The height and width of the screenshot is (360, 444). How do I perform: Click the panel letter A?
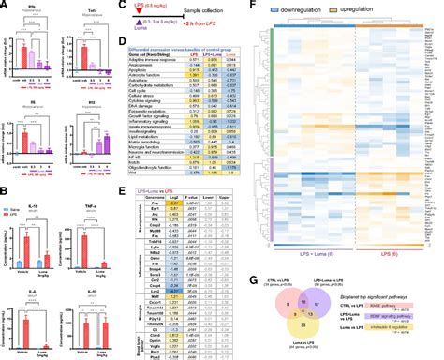(6, 6)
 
